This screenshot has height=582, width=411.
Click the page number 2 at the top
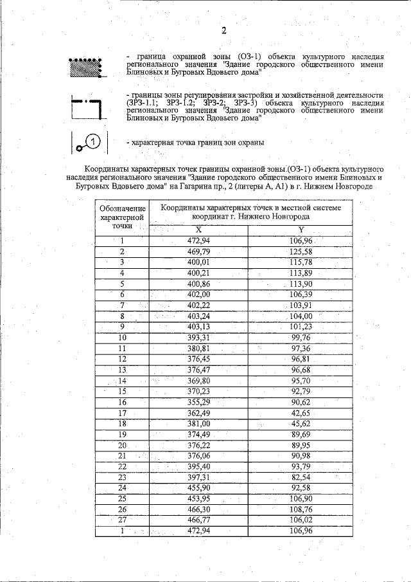click(x=224, y=30)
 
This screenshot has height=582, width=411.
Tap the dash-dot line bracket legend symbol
click(x=86, y=109)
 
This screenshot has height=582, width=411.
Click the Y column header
click(x=301, y=230)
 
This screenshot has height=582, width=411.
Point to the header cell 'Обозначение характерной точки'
click(x=121, y=217)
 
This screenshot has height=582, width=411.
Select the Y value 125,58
click(x=301, y=251)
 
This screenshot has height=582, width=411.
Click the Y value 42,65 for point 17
click(x=301, y=413)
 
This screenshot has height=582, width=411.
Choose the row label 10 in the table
click(x=122, y=338)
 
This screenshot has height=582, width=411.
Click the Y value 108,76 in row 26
click(x=301, y=509)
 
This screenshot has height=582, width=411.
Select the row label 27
click(x=122, y=520)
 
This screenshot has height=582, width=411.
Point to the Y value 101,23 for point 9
click(x=301, y=327)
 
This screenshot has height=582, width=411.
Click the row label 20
click(x=122, y=445)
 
